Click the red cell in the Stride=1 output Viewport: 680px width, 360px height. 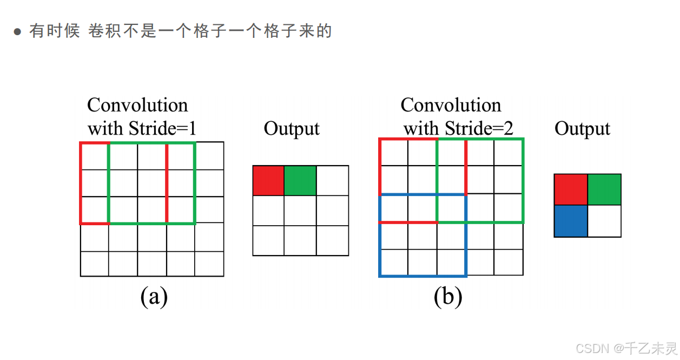click(268, 180)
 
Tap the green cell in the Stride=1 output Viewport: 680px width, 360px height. click(300, 180)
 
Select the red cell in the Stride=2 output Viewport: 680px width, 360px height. click(571, 189)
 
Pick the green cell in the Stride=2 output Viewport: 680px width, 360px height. click(604, 189)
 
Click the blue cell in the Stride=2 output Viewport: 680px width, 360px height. click(571, 221)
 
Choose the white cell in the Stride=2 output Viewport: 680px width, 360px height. click(604, 221)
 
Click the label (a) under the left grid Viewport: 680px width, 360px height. click(154, 297)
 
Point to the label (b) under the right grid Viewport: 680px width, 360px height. click(448, 297)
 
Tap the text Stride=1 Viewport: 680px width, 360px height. click(162, 129)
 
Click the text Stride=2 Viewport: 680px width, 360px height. click(479, 129)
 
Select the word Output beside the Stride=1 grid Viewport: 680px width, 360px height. click(292, 129)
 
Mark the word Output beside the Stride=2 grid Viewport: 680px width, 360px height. click(582, 129)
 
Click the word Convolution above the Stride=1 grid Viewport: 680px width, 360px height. click(137, 105)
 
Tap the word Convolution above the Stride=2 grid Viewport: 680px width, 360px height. click(451, 105)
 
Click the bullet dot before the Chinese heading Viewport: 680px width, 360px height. click(17, 32)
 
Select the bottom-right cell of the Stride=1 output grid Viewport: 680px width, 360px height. click(332, 240)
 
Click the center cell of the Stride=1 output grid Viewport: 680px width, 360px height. click(300, 211)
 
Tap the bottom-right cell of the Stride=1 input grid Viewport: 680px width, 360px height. click(209, 264)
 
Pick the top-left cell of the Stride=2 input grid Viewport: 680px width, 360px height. click(393, 152)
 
